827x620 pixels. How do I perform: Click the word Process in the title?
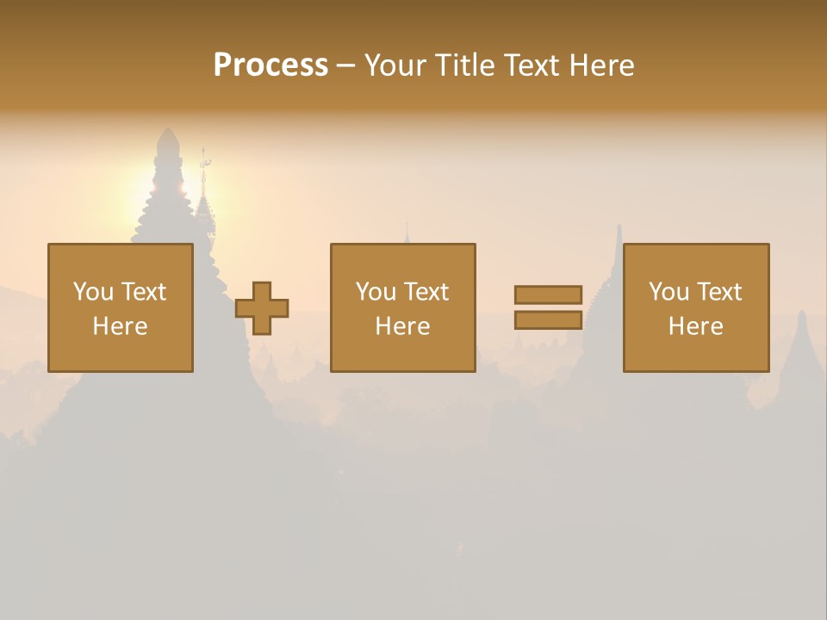click(270, 65)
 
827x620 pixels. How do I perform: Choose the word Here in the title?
click(600, 65)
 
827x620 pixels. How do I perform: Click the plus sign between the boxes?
click(262, 308)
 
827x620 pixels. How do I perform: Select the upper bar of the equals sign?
click(548, 294)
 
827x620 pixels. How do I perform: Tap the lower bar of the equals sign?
click(548, 319)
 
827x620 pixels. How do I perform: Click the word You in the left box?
click(91, 292)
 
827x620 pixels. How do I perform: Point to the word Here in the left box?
click(120, 326)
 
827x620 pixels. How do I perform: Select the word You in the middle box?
click(375, 292)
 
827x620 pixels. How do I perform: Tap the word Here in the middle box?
click(402, 326)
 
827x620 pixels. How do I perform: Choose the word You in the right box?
click(668, 292)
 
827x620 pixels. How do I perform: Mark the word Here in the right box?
click(695, 326)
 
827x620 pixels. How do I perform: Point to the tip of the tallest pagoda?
click(168, 133)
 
